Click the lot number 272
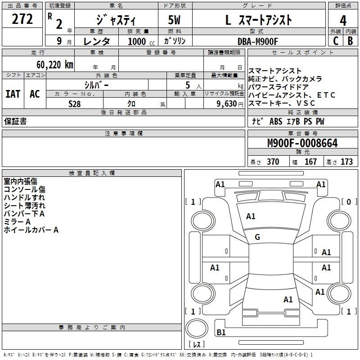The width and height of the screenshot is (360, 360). [22, 19]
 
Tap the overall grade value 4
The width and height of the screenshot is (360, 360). [343, 20]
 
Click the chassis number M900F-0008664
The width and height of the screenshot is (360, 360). [302, 144]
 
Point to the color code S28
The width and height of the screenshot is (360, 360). [74, 103]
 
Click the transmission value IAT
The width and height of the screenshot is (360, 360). [13, 94]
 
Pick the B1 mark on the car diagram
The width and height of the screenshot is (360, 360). [221, 333]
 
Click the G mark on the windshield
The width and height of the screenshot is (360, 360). [257, 237]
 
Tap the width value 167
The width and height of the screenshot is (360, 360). [310, 162]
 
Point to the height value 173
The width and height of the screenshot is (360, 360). [346, 162]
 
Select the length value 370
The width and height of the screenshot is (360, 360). [273, 162]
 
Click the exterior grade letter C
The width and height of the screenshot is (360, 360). [335, 40]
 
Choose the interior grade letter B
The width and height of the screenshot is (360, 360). [350, 40]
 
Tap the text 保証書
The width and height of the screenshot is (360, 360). [15, 121]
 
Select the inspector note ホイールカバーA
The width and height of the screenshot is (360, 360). [31, 230]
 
